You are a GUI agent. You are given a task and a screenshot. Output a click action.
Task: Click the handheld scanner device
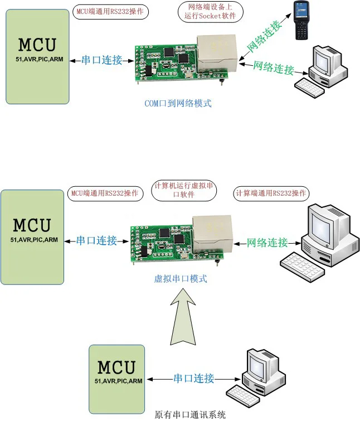[x=301, y=21]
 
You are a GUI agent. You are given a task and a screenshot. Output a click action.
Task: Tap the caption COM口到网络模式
[x=178, y=103]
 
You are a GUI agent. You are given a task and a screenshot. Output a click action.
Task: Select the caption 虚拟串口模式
[x=181, y=279]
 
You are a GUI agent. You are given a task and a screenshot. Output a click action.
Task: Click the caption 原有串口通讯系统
[x=190, y=414]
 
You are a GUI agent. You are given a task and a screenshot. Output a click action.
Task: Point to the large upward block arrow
[x=183, y=317]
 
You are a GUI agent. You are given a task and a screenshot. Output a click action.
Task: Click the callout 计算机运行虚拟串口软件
[x=184, y=190]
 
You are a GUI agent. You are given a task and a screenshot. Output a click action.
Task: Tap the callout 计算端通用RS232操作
[x=271, y=193]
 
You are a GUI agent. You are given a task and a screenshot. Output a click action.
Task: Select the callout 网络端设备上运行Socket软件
[x=210, y=11]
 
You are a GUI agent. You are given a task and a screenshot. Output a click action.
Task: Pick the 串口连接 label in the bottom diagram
[x=194, y=379]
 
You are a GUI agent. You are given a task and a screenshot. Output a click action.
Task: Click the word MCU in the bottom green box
[x=116, y=367]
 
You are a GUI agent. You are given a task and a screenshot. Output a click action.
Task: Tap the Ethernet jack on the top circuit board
[x=217, y=53]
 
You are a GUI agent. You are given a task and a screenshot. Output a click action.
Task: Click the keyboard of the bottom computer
[x=242, y=396]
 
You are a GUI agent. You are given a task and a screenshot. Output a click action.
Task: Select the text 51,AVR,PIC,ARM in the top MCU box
[x=40, y=59]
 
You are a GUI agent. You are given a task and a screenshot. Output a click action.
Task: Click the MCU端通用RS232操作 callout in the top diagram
[x=110, y=12]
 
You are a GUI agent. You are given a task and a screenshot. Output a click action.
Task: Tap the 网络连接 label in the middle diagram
[x=267, y=243]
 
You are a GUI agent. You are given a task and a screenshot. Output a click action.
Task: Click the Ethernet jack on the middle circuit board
[x=212, y=234]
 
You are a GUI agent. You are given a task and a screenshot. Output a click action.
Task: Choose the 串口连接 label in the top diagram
[x=101, y=60]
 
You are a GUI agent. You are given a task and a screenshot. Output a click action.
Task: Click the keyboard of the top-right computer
[x=310, y=88]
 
